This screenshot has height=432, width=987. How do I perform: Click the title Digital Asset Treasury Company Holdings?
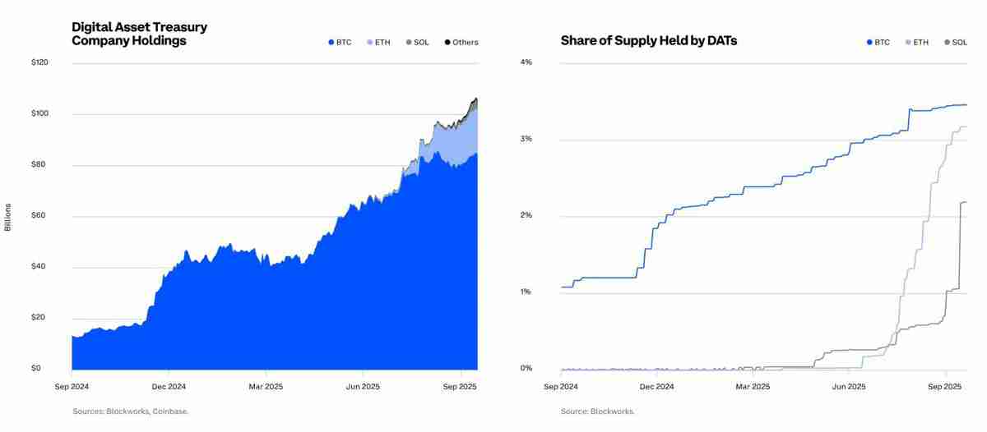click(139, 34)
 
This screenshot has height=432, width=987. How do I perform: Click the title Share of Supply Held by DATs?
click(648, 40)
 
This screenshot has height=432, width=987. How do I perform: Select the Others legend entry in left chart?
click(461, 42)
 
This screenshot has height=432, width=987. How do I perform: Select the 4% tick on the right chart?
click(526, 62)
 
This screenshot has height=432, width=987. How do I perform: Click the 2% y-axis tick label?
click(526, 215)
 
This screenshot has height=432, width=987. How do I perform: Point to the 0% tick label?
click(526, 369)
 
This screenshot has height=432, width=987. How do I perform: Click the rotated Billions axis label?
click(8, 216)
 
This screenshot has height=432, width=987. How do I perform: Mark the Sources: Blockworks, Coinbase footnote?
click(130, 411)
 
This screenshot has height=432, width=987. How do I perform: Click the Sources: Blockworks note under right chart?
click(597, 411)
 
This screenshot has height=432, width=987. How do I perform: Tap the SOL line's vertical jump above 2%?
click(960, 246)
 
